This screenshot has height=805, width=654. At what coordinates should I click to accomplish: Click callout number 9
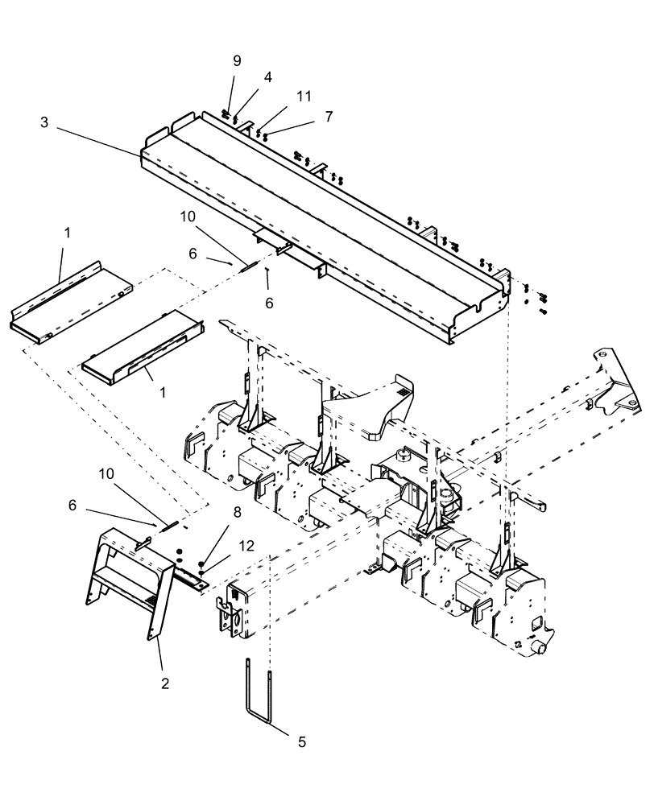tap(236, 60)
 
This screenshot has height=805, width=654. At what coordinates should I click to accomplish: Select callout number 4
tap(267, 77)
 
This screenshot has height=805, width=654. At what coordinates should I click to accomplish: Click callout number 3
tap(43, 122)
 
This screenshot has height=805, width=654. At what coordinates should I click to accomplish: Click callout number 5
tap(301, 741)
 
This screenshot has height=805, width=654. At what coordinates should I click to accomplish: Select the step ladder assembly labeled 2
tap(129, 580)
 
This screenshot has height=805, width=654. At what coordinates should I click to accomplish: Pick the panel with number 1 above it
tap(68, 298)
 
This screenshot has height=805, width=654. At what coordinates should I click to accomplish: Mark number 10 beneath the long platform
tap(188, 218)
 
